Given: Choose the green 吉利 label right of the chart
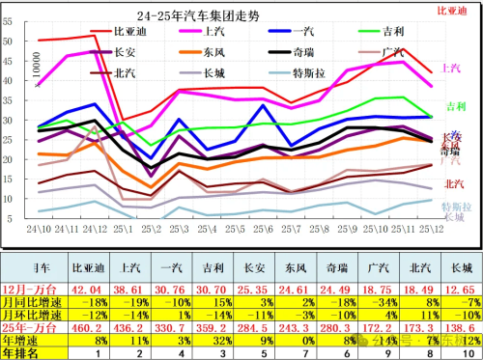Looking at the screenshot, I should [457, 105].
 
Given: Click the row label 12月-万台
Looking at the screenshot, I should [31, 289].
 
